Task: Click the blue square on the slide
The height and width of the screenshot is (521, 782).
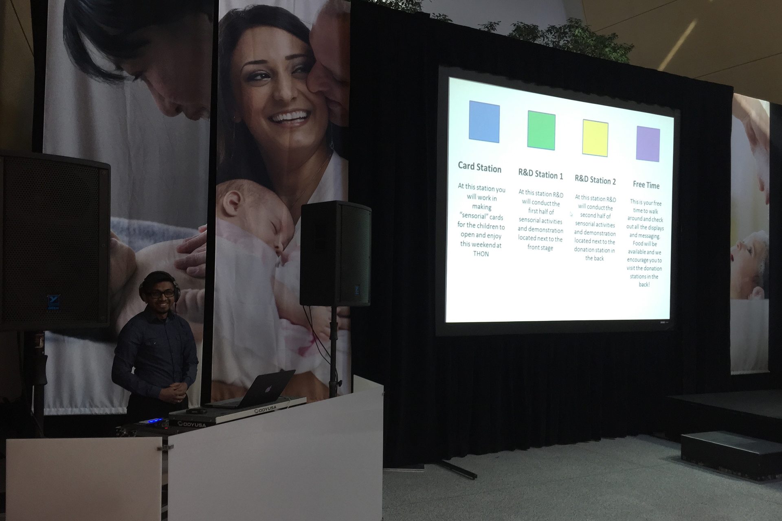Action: click(484, 122)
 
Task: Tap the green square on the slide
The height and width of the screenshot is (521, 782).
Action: click(541, 130)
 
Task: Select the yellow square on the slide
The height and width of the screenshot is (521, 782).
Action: click(595, 138)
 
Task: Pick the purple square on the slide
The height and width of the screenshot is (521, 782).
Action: click(648, 144)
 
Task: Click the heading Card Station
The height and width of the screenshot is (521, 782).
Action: click(479, 167)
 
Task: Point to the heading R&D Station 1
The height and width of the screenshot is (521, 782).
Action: click(540, 174)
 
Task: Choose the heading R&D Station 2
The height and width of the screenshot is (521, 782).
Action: click(595, 180)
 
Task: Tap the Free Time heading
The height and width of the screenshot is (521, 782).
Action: click(646, 185)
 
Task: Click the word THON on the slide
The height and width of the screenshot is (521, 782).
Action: click(481, 254)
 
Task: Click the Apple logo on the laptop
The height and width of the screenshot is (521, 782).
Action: click(268, 389)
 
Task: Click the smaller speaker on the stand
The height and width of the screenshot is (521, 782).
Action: click(336, 253)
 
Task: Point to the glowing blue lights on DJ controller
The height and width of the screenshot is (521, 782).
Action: click(159, 421)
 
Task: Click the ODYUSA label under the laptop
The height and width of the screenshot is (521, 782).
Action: click(265, 409)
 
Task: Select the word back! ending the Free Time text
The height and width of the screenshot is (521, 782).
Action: click(644, 285)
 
